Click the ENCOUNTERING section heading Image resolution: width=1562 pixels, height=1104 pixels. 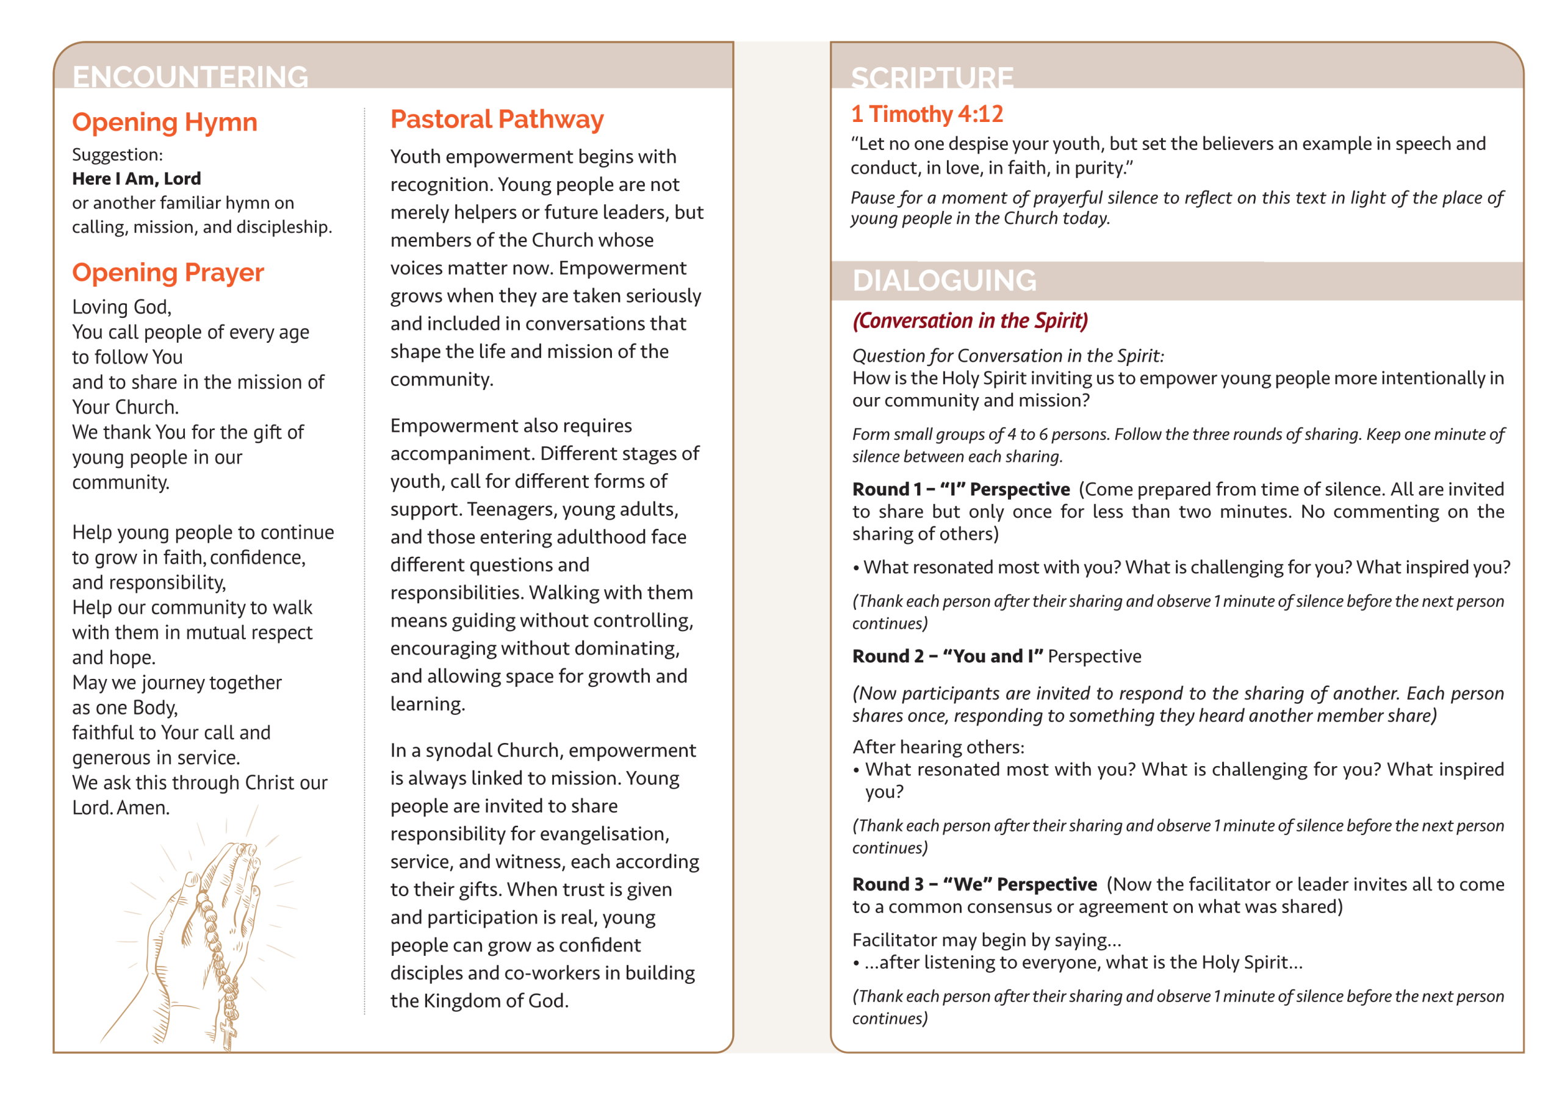tap(190, 76)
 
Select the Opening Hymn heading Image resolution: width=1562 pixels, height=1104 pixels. tap(165, 123)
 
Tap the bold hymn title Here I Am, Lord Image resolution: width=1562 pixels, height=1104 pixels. tap(136, 179)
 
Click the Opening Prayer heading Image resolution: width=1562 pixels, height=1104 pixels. tap(167, 273)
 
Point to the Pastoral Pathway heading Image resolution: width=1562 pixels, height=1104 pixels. tap(497, 120)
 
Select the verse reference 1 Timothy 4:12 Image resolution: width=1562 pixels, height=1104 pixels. tap(927, 114)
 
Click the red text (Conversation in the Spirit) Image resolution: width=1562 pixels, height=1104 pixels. tap(970, 320)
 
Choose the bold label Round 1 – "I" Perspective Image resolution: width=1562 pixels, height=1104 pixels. tap(960, 489)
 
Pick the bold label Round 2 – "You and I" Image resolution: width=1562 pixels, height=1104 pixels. tap(948, 656)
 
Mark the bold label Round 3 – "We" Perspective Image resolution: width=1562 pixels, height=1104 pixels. tap(974, 884)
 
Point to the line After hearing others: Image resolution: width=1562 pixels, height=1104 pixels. tap(938, 748)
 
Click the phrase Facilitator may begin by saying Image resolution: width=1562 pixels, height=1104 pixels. tap(987, 940)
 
